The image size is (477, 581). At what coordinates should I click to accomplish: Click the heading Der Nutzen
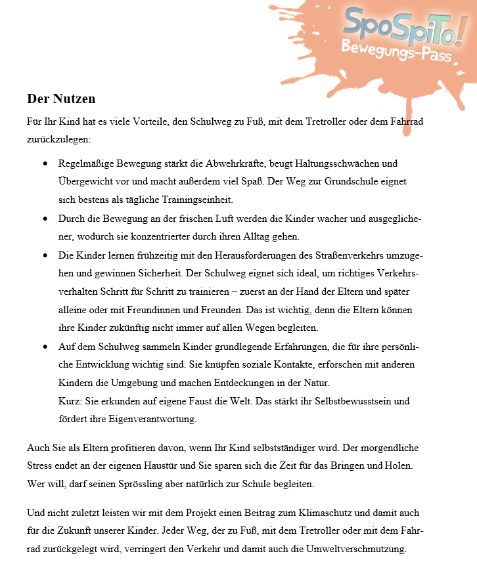click(x=61, y=99)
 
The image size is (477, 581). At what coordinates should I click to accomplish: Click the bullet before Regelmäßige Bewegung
click(x=45, y=163)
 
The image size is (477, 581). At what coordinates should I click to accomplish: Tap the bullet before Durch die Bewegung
click(x=45, y=218)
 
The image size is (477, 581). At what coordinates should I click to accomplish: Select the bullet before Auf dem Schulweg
click(x=45, y=346)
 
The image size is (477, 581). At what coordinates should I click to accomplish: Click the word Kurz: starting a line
click(x=69, y=400)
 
